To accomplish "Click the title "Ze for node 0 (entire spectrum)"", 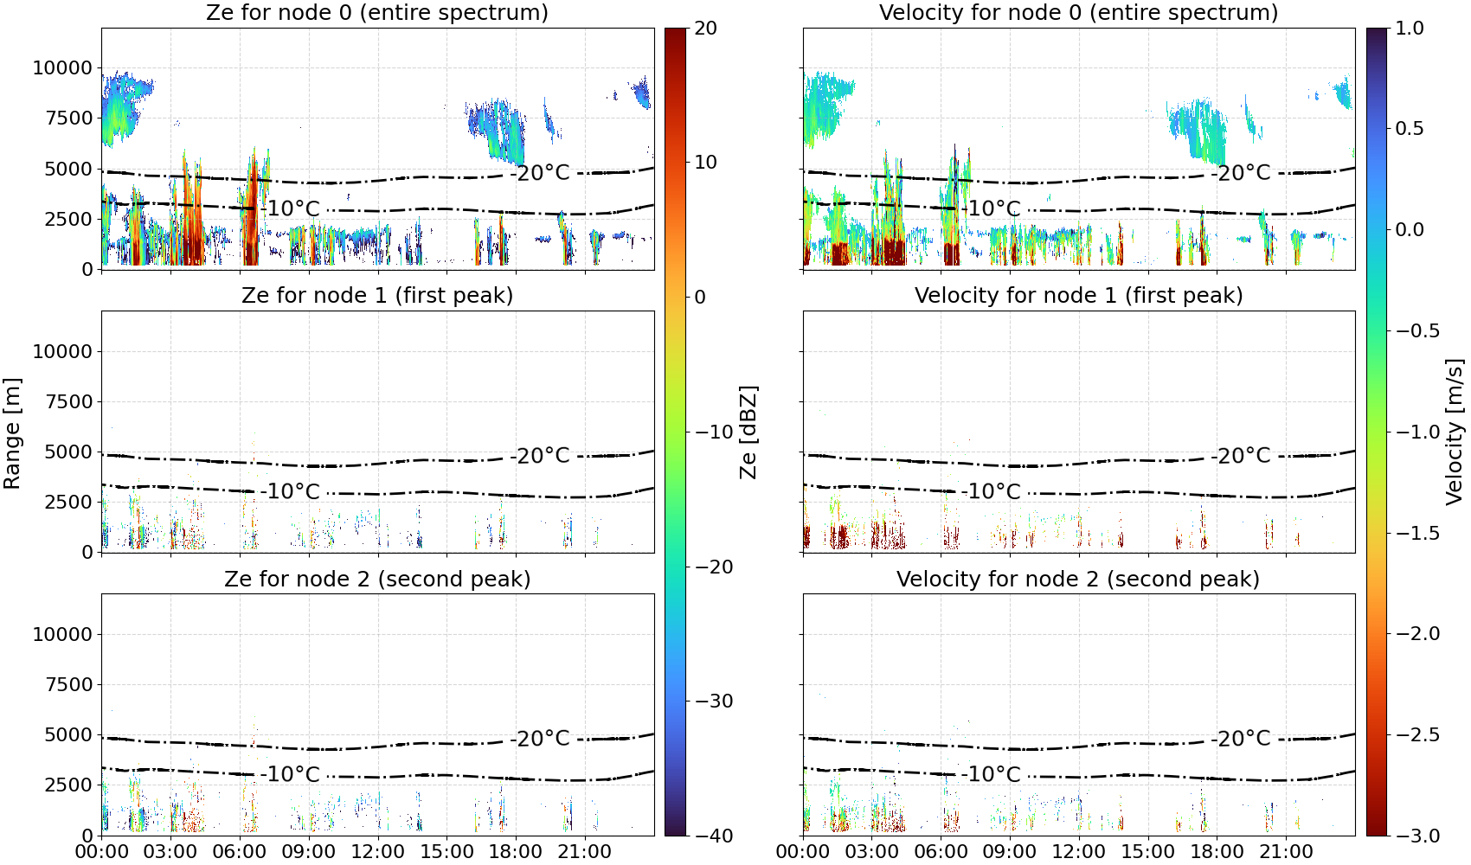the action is click(x=377, y=12).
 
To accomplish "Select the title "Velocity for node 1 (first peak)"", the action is click(x=1078, y=295).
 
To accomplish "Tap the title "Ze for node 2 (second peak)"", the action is click(x=377, y=579).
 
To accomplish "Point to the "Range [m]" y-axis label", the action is click(x=12, y=433).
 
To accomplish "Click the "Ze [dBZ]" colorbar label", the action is click(x=748, y=432).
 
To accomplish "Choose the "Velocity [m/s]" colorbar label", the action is click(x=1455, y=432).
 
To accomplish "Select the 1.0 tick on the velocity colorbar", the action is click(x=1410, y=29).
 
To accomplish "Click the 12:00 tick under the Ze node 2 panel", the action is click(x=377, y=852).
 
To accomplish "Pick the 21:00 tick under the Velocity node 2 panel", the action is click(x=1286, y=852).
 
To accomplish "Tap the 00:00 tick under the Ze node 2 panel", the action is click(x=102, y=852).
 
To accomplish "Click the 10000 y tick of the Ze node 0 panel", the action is click(x=62, y=67).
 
